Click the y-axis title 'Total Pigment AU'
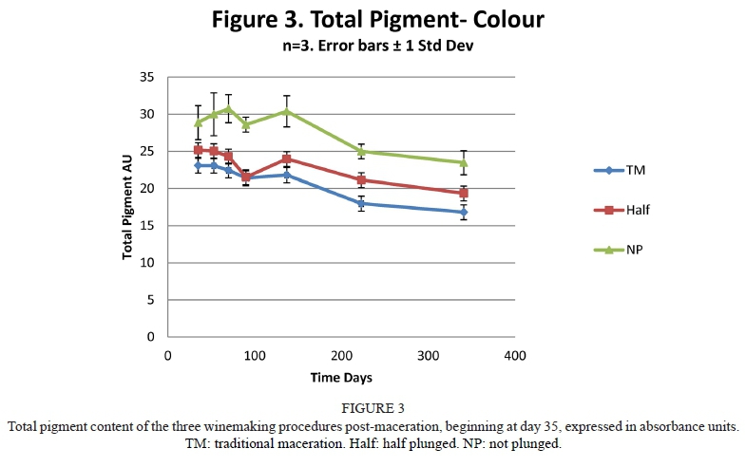pos(126,207)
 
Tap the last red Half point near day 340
pos(464,193)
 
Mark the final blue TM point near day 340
pos(464,212)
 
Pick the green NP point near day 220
pos(361,151)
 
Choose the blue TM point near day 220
pos(361,203)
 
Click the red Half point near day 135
pos(286,159)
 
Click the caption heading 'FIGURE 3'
pos(372,408)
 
